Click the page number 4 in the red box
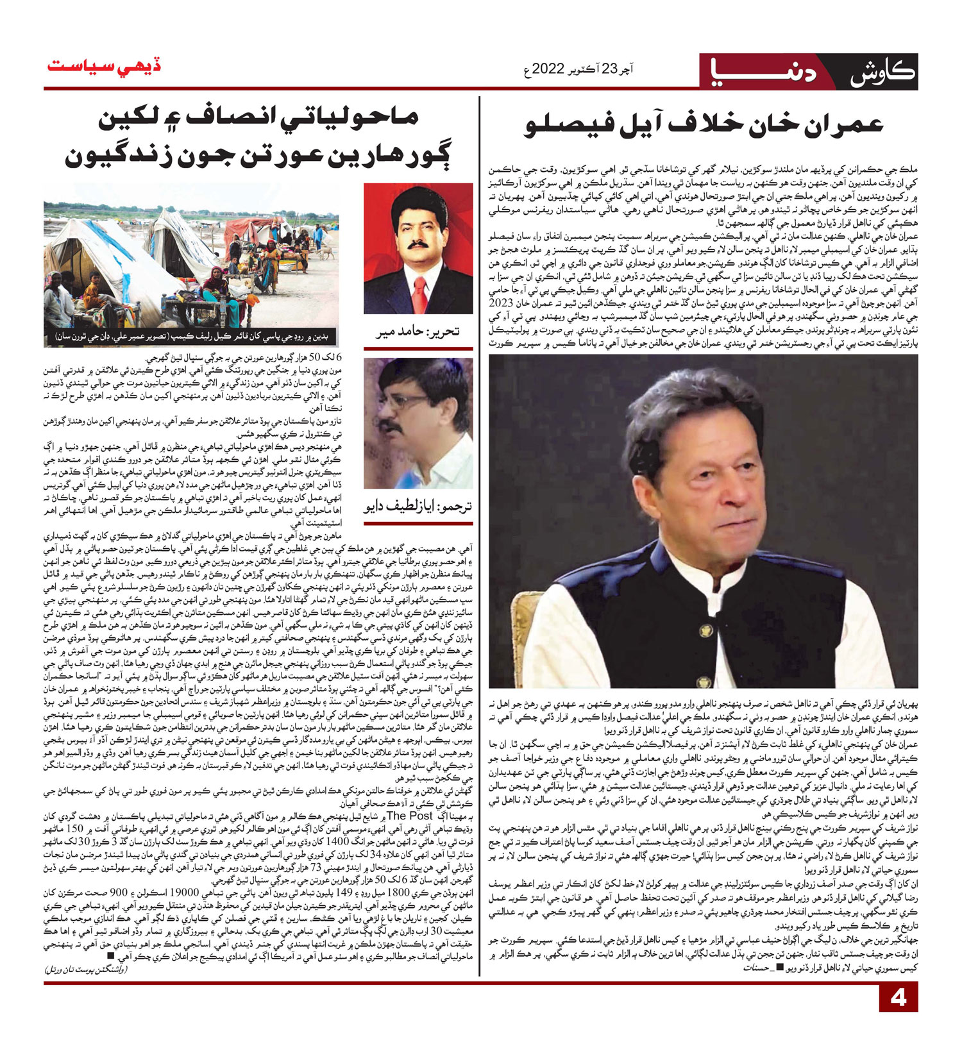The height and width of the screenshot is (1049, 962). (x=899, y=998)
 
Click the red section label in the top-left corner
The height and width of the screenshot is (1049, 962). (x=103, y=67)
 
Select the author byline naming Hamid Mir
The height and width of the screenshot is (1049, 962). (x=418, y=331)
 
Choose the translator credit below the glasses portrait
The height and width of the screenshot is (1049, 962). (x=418, y=506)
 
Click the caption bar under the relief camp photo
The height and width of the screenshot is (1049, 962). (x=191, y=336)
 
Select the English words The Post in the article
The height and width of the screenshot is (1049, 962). (x=410, y=816)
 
